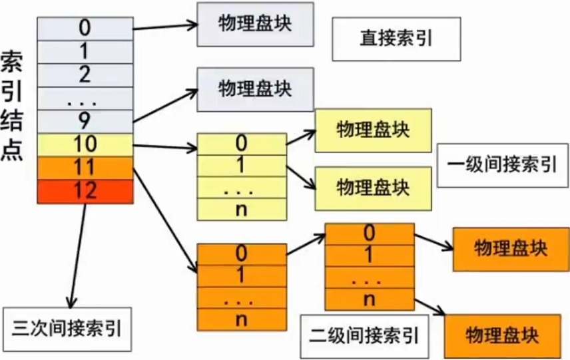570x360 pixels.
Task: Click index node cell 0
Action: [85, 29]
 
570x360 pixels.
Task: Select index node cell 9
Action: [85, 120]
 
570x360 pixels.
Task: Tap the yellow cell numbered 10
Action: [85, 144]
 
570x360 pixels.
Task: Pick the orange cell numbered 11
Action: [85, 167]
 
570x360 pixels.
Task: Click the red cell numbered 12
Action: [85, 190]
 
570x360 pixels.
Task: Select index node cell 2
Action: [85, 75]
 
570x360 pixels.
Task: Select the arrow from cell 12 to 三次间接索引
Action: [77, 253]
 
